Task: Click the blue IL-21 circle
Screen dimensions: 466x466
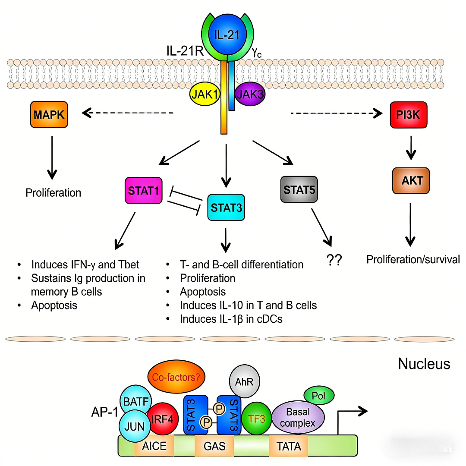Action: tap(227, 35)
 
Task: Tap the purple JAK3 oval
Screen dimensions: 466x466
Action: tap(250, 94)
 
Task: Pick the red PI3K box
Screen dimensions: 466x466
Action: tap(408, 114)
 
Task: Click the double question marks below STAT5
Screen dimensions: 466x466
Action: tap(334, 260)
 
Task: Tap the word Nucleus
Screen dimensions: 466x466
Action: tap(424, 363)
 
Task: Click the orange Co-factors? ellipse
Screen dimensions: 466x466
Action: tap(176, 377)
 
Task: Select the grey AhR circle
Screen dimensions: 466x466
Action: tap(244, 381)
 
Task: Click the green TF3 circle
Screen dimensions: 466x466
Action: tap(256, 418)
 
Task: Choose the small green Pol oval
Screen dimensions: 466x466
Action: tap(320, 395)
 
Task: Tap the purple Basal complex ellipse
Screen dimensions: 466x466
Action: tap(297, 417)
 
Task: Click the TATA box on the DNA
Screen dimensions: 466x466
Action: tap(289, 446)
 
